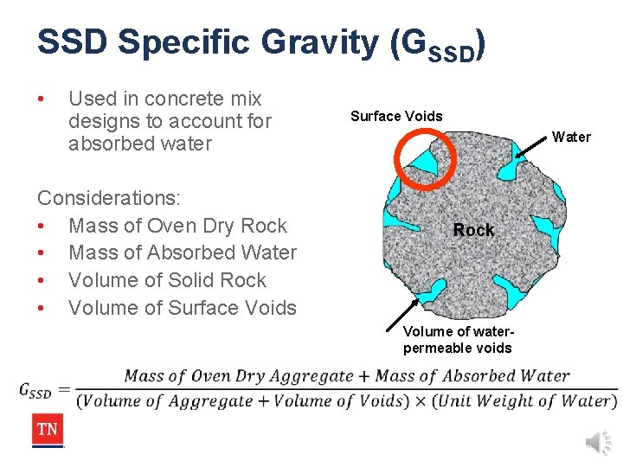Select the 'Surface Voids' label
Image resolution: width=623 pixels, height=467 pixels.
click(x=396, y=116)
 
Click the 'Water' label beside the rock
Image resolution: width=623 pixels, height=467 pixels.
click(x=571, y=137)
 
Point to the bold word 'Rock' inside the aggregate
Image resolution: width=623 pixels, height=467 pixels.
click(x=474, y=230)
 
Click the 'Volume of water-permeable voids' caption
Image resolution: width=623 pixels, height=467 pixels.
click(x=458, y=340)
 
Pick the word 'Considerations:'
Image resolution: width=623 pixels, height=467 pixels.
click(x=109, y=198)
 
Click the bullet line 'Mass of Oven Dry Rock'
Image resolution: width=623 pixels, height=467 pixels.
click(x=177, y=226)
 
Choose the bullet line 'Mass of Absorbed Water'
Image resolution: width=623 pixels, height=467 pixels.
click(x=182, y=253)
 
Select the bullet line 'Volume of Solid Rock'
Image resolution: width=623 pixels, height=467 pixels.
click(x=167, y=280)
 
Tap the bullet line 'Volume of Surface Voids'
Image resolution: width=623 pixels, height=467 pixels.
click(x=182, y=308)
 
